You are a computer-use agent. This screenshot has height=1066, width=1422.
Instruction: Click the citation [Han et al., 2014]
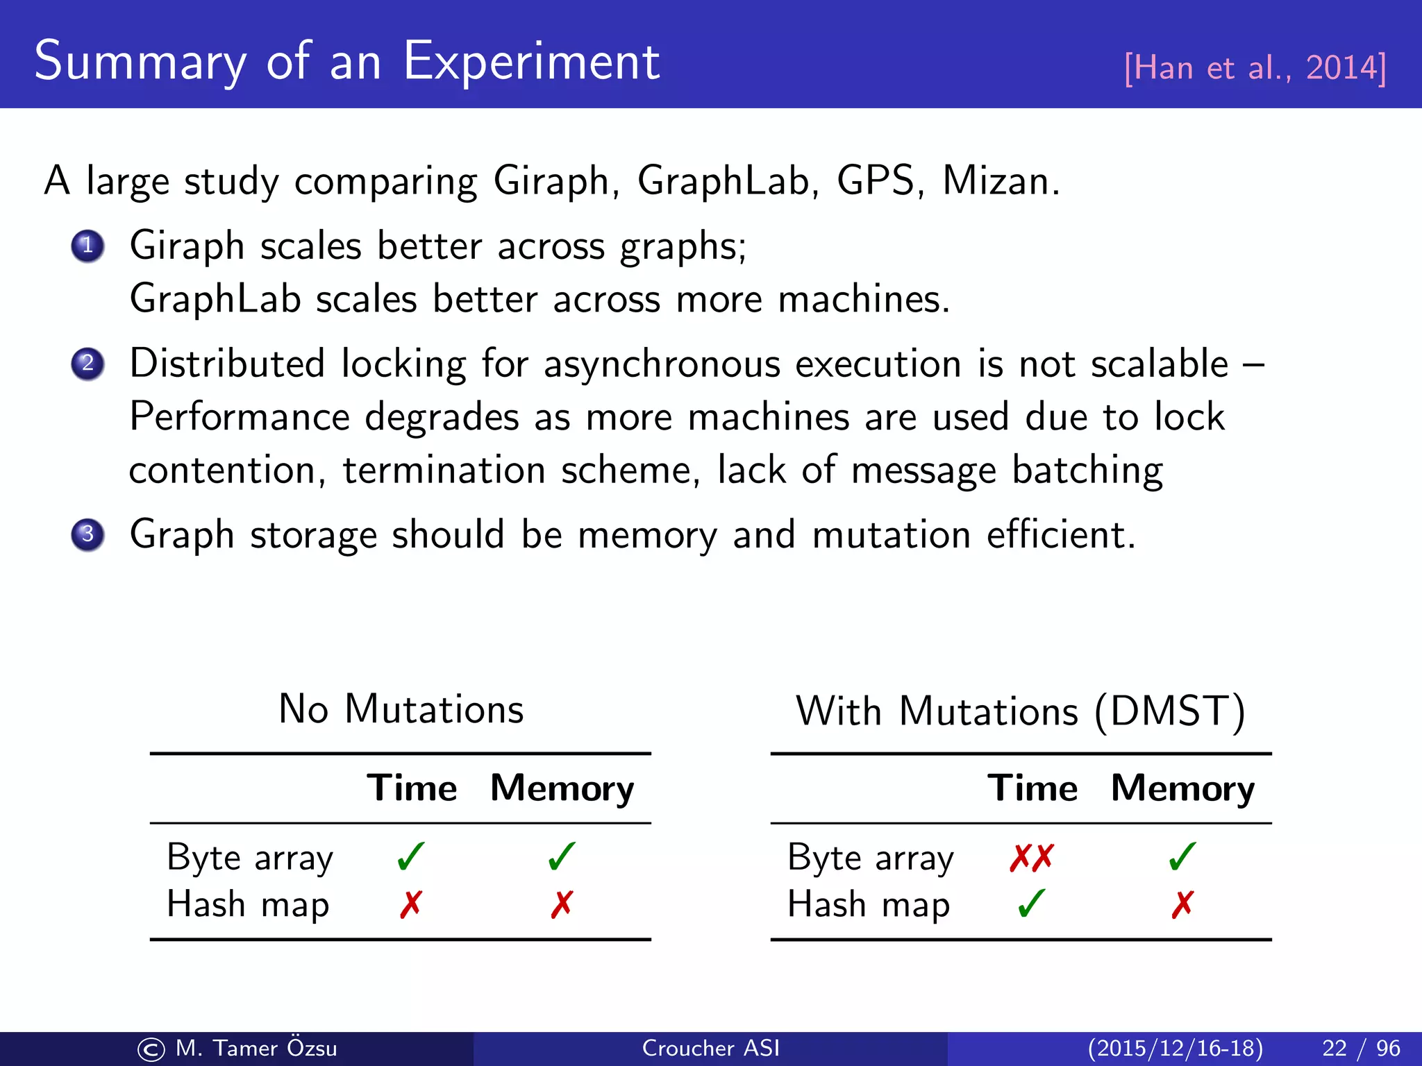click(1255, 68)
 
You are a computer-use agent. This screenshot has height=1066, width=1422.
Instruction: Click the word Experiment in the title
click(531, 62)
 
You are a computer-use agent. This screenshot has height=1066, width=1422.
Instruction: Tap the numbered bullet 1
click(87, 246)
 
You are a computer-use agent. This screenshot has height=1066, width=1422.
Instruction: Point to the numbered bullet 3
click(87, 535)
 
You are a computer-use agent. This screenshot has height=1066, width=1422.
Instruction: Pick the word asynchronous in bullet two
click(662, 364)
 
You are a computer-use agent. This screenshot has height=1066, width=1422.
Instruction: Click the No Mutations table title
click(401, 709)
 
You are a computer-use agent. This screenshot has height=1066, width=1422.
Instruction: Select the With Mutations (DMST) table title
click(1021, 711)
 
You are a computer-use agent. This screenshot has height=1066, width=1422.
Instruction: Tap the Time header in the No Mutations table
click(412, 788)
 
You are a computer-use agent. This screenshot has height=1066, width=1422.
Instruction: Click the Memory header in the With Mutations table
click(1182, 788)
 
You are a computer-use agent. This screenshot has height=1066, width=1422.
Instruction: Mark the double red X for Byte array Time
click(1032, 858)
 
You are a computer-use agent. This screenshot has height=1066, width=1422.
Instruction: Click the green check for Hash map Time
click(1032, 904)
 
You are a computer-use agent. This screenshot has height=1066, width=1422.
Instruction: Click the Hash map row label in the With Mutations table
click(869, 905)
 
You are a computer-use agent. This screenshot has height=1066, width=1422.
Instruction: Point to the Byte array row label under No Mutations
click(250, 858)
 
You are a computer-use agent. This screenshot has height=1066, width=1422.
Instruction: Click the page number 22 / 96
click(1361, 1048)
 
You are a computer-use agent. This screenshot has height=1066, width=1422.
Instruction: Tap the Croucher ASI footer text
click(710, 1048)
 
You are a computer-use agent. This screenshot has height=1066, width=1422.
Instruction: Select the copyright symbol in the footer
click(151, 1049)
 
